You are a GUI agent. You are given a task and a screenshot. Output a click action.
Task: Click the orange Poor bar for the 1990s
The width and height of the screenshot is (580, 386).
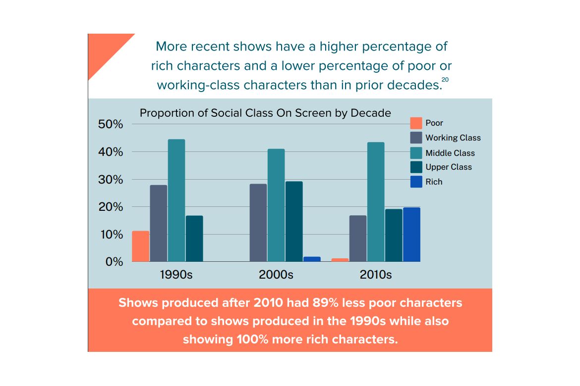[x=140, y=246]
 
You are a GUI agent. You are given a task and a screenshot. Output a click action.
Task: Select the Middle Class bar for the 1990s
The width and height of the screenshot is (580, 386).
[x=176, y=200]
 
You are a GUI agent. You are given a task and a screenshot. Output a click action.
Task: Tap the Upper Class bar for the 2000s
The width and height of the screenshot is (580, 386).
[x=294, y=221]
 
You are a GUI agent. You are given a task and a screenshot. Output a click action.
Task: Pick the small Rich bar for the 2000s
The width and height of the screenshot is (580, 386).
[x=312, y=259]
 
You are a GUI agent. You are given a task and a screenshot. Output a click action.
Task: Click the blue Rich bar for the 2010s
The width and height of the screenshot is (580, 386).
[x=411, y=235]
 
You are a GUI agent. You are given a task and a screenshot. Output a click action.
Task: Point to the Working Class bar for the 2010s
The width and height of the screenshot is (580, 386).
[x=358, y=239]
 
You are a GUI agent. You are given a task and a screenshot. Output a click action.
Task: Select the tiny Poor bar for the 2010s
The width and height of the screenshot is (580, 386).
[x=340, y=260]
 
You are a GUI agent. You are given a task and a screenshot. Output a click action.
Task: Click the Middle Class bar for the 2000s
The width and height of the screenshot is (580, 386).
[x=276, y=205]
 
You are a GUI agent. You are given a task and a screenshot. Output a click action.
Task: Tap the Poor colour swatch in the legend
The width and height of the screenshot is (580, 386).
[x=416, y=123]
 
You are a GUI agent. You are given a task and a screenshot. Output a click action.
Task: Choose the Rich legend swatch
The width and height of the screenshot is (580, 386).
[x=416, y=182]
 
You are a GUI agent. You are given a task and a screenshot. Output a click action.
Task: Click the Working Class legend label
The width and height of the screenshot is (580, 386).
[x=453, y=138]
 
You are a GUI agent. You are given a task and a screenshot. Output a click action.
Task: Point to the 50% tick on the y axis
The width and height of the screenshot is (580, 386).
[x=110, y=124]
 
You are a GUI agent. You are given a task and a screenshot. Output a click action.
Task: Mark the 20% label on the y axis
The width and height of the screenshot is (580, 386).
[x=110, y=207]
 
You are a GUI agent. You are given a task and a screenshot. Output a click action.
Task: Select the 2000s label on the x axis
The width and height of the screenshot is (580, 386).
[x=276, y=275]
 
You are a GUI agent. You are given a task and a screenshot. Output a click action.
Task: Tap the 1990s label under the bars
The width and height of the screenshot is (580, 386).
[x=176, y=275]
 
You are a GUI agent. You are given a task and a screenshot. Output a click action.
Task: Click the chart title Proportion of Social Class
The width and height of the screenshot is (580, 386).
[x=265, y=113]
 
